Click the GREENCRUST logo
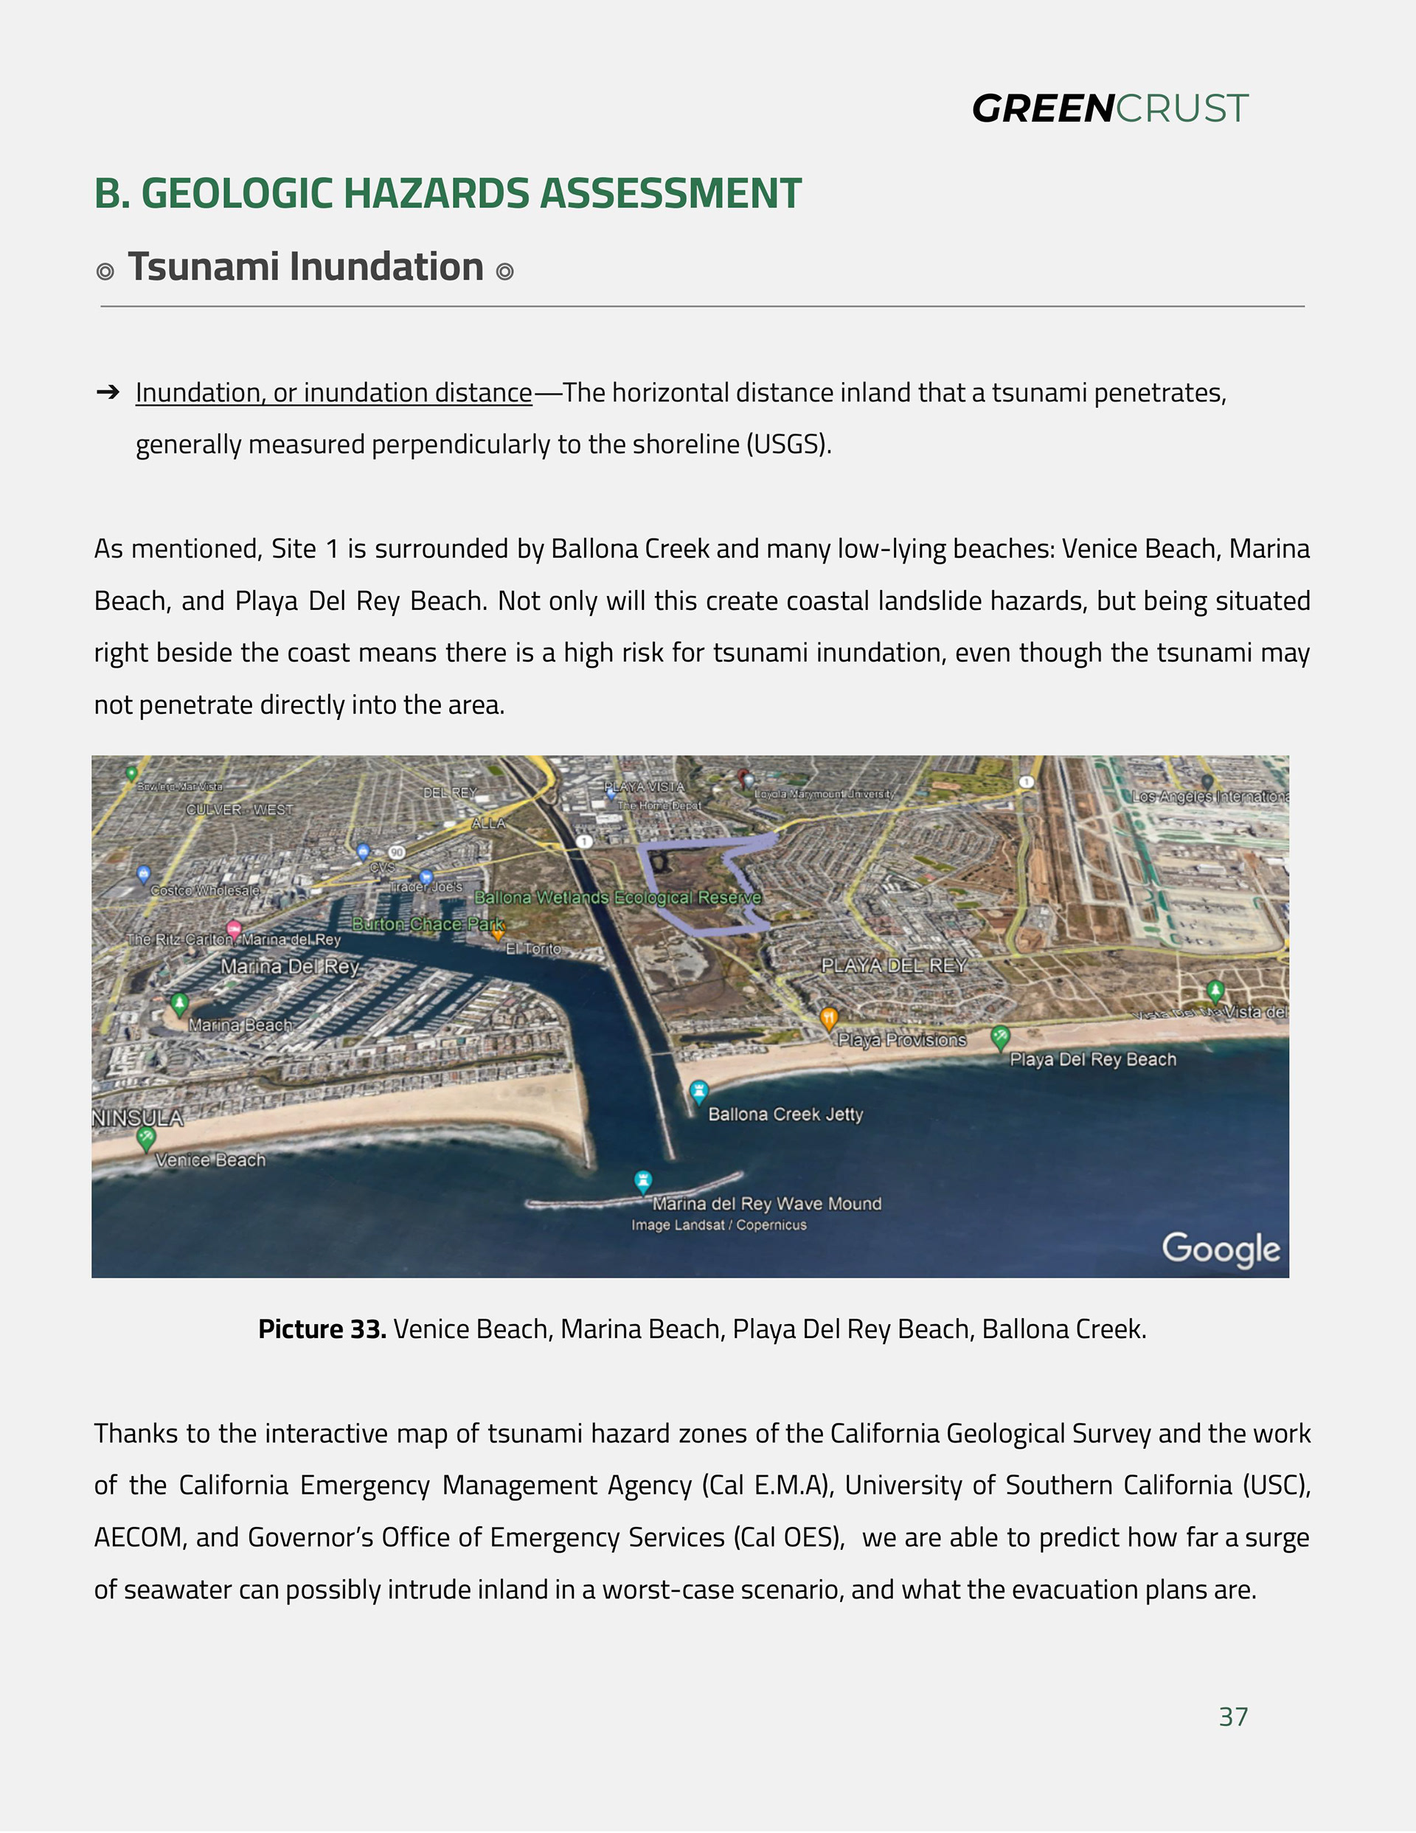pyautogui.click(x=1110, y=109)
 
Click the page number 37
pyautogui.click(x=1233, y=1716)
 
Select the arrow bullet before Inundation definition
pyautogui.click(x=108, y=392)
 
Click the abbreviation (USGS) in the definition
pyautogui.click(x=788, y=444)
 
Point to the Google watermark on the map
pyautogui.click(x=1221, y=1249)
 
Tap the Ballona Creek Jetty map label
pyautogui.click(x=785, y=1115)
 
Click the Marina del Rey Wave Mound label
pyautogui.click(x=766, y=1204)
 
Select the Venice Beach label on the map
pyautogui.click(x=210, y=1160)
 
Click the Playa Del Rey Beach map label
pyautogui.click(x=1092, y=1059)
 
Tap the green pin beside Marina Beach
pyautogui.click(x=178, y=1003)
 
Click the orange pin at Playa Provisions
pyautogui.click(x=828, y=1018)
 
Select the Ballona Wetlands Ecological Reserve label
pyautogui.click(x=618, y=897)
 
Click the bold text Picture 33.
pyautogui.click(x=322, y=1329)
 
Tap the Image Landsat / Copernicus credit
pyautogui.click(x=718, y=1225)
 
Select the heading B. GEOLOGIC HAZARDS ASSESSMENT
pyautogui.click(x=448, y=193)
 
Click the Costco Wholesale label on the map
pyautogui.click(x=205, y=890)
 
